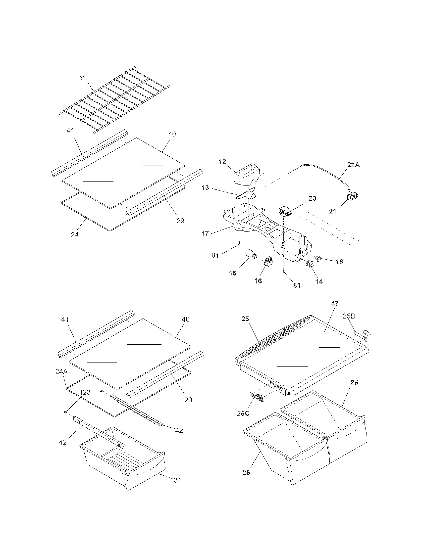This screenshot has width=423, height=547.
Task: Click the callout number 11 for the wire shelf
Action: pyautogui.click(x=83, y=78)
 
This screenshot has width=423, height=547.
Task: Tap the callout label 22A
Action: pyautogui.click(x=353, y=165)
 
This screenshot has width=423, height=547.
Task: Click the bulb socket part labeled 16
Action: pyautogui.click(x=268, y=262)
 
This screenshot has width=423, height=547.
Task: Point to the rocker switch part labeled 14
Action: pyautogui.click(x=310, y=264)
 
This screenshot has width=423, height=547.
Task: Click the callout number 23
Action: pyautogui.click(x=313, y=198)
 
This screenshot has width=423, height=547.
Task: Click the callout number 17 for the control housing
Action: pyautogui.click(x=205, y=234)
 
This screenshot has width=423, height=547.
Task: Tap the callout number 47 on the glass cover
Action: pyautogui.click(x=334, y=303)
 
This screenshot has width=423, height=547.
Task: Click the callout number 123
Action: pyautogui.click(x=85, y=392)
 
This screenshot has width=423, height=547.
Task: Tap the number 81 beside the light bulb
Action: pyautogui.click(x=215, y=255)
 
